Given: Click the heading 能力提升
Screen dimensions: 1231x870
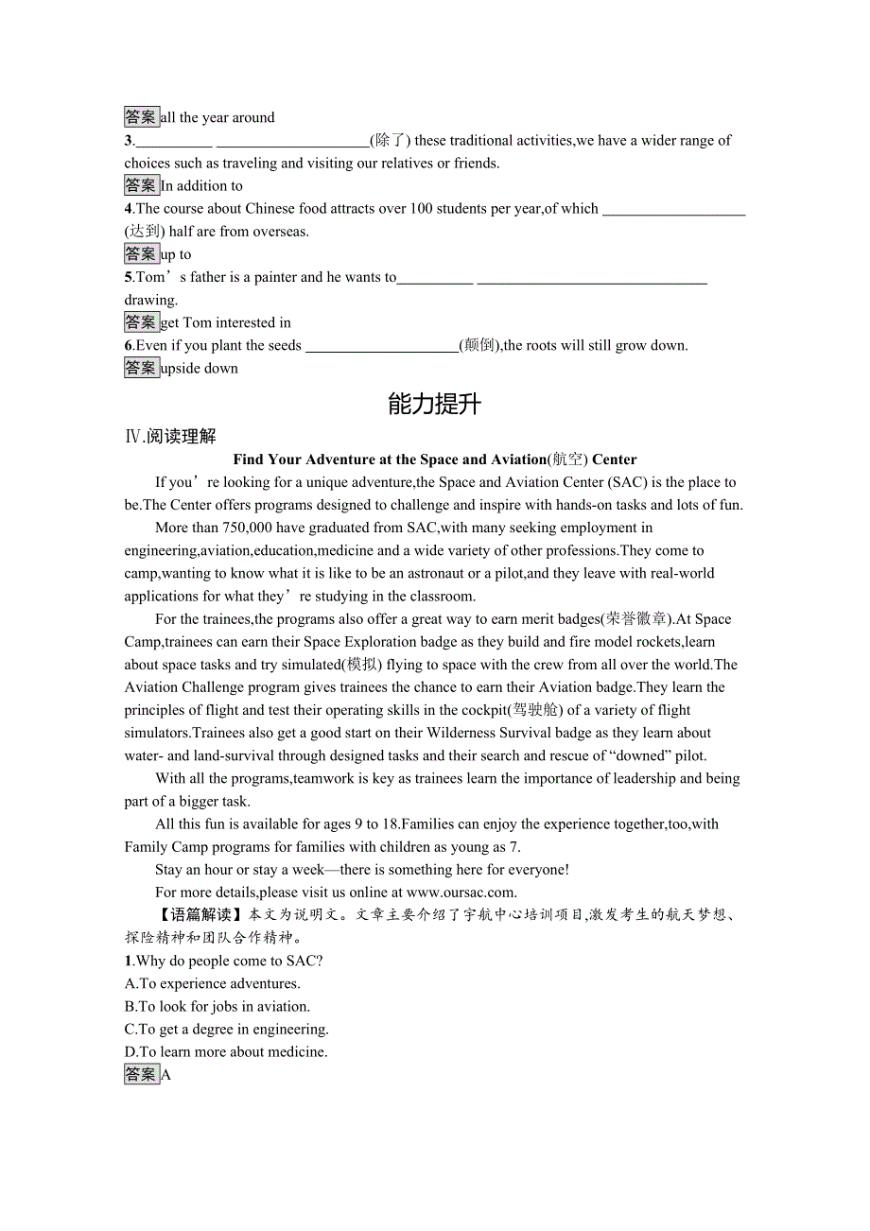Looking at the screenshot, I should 434,405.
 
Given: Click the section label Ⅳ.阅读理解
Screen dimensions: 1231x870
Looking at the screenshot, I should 170,436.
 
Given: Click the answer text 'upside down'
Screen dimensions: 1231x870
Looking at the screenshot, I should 200,368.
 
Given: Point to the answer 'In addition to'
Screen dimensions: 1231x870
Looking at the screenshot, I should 201,185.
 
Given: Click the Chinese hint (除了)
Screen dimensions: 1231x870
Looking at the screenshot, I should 390,140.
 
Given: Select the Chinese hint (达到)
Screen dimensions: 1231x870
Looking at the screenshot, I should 145,231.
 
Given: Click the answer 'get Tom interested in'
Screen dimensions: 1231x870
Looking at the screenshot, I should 226,322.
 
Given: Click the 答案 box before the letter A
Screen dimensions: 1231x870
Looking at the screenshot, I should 142,1074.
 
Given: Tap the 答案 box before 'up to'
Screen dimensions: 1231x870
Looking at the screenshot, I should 142,253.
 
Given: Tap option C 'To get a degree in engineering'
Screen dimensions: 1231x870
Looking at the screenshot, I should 226,1029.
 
